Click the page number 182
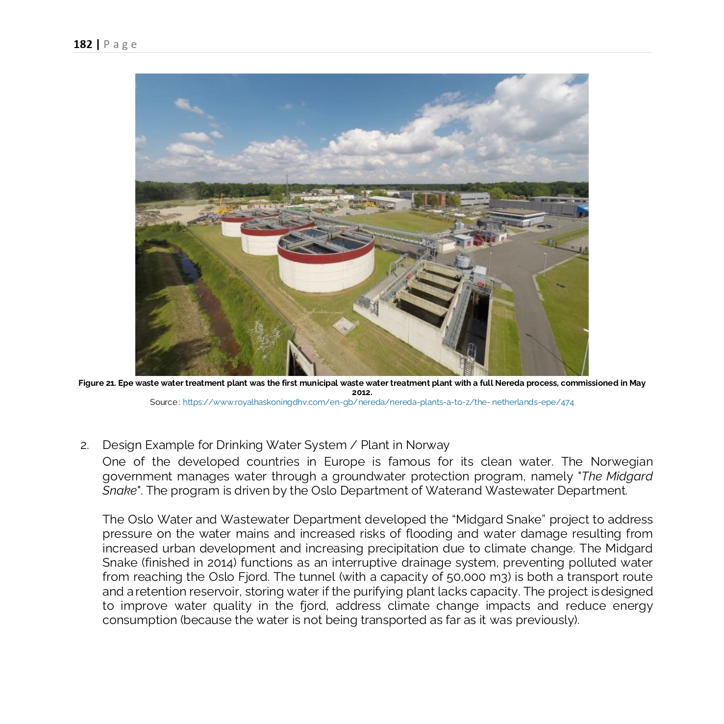[x=82, y=45]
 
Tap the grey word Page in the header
[x=120, y=45]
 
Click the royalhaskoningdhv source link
[x=378, y=402]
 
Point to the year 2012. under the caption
[x=362, y=393]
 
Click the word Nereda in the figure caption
[x=509, y=383]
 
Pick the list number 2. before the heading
[x=85, y=446]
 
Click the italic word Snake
[x=119, y=491]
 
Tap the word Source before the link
[x=164, y=402]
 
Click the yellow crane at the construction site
[x=222, y=206]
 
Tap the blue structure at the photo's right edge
[x=583, y=210]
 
